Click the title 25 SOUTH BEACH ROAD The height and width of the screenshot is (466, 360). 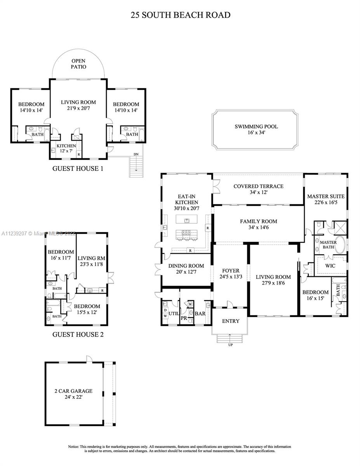(x=180, y=15)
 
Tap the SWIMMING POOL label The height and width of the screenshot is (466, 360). (x=256, y=127)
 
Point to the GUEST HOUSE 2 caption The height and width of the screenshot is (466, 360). (x=78, y=334)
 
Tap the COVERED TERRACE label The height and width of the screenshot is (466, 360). (x=258, y=186)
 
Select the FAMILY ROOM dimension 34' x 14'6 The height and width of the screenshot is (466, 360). (x=258, y=228)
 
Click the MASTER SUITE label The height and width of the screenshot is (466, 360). (x=326, y=196)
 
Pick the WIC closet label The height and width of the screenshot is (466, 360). (x=330, y=266)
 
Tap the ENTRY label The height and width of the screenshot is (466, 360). (x=230, y=321)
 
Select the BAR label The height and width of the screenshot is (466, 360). (x=200, y=314)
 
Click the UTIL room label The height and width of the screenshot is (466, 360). (x=173, y=312)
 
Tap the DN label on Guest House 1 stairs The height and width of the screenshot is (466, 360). (x=136, y=155)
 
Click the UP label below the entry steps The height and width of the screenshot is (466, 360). (x=230, y=345)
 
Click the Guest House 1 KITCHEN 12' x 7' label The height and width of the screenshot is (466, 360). (x=66, y=146)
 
